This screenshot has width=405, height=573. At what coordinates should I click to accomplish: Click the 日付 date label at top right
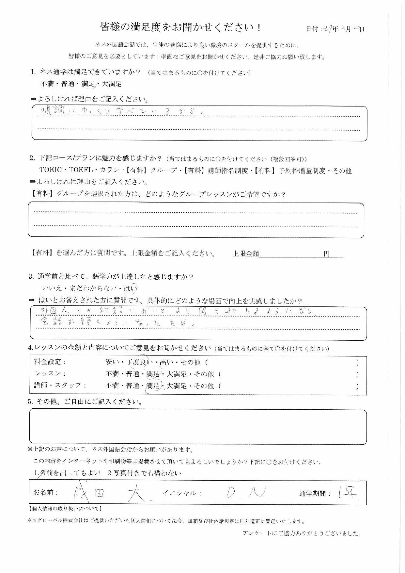[x=313, y=29]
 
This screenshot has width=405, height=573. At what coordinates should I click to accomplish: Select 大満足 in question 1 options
[x=112, y=84]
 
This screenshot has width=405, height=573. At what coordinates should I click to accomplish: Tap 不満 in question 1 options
[x=47, y=84]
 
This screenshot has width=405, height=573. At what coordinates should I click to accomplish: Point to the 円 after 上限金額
[x=326, y=254]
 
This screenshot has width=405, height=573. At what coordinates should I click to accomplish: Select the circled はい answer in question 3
[x=133, y=288]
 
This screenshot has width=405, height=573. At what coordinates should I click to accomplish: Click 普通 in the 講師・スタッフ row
[x=133, y=386]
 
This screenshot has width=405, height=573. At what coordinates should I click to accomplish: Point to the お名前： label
[x=46, y=492]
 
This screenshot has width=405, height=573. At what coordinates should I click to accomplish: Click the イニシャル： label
[x=181, y=493]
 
